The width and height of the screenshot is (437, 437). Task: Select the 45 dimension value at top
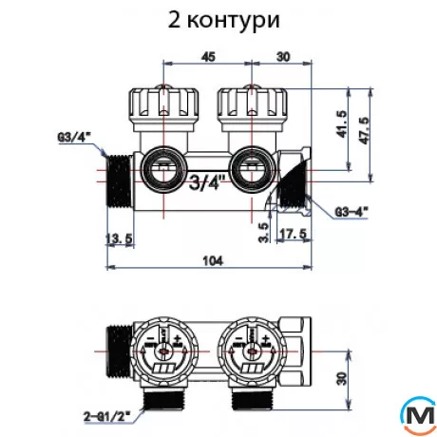[x=207, y=57]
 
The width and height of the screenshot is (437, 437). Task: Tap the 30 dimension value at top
[x=281, y=57]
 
